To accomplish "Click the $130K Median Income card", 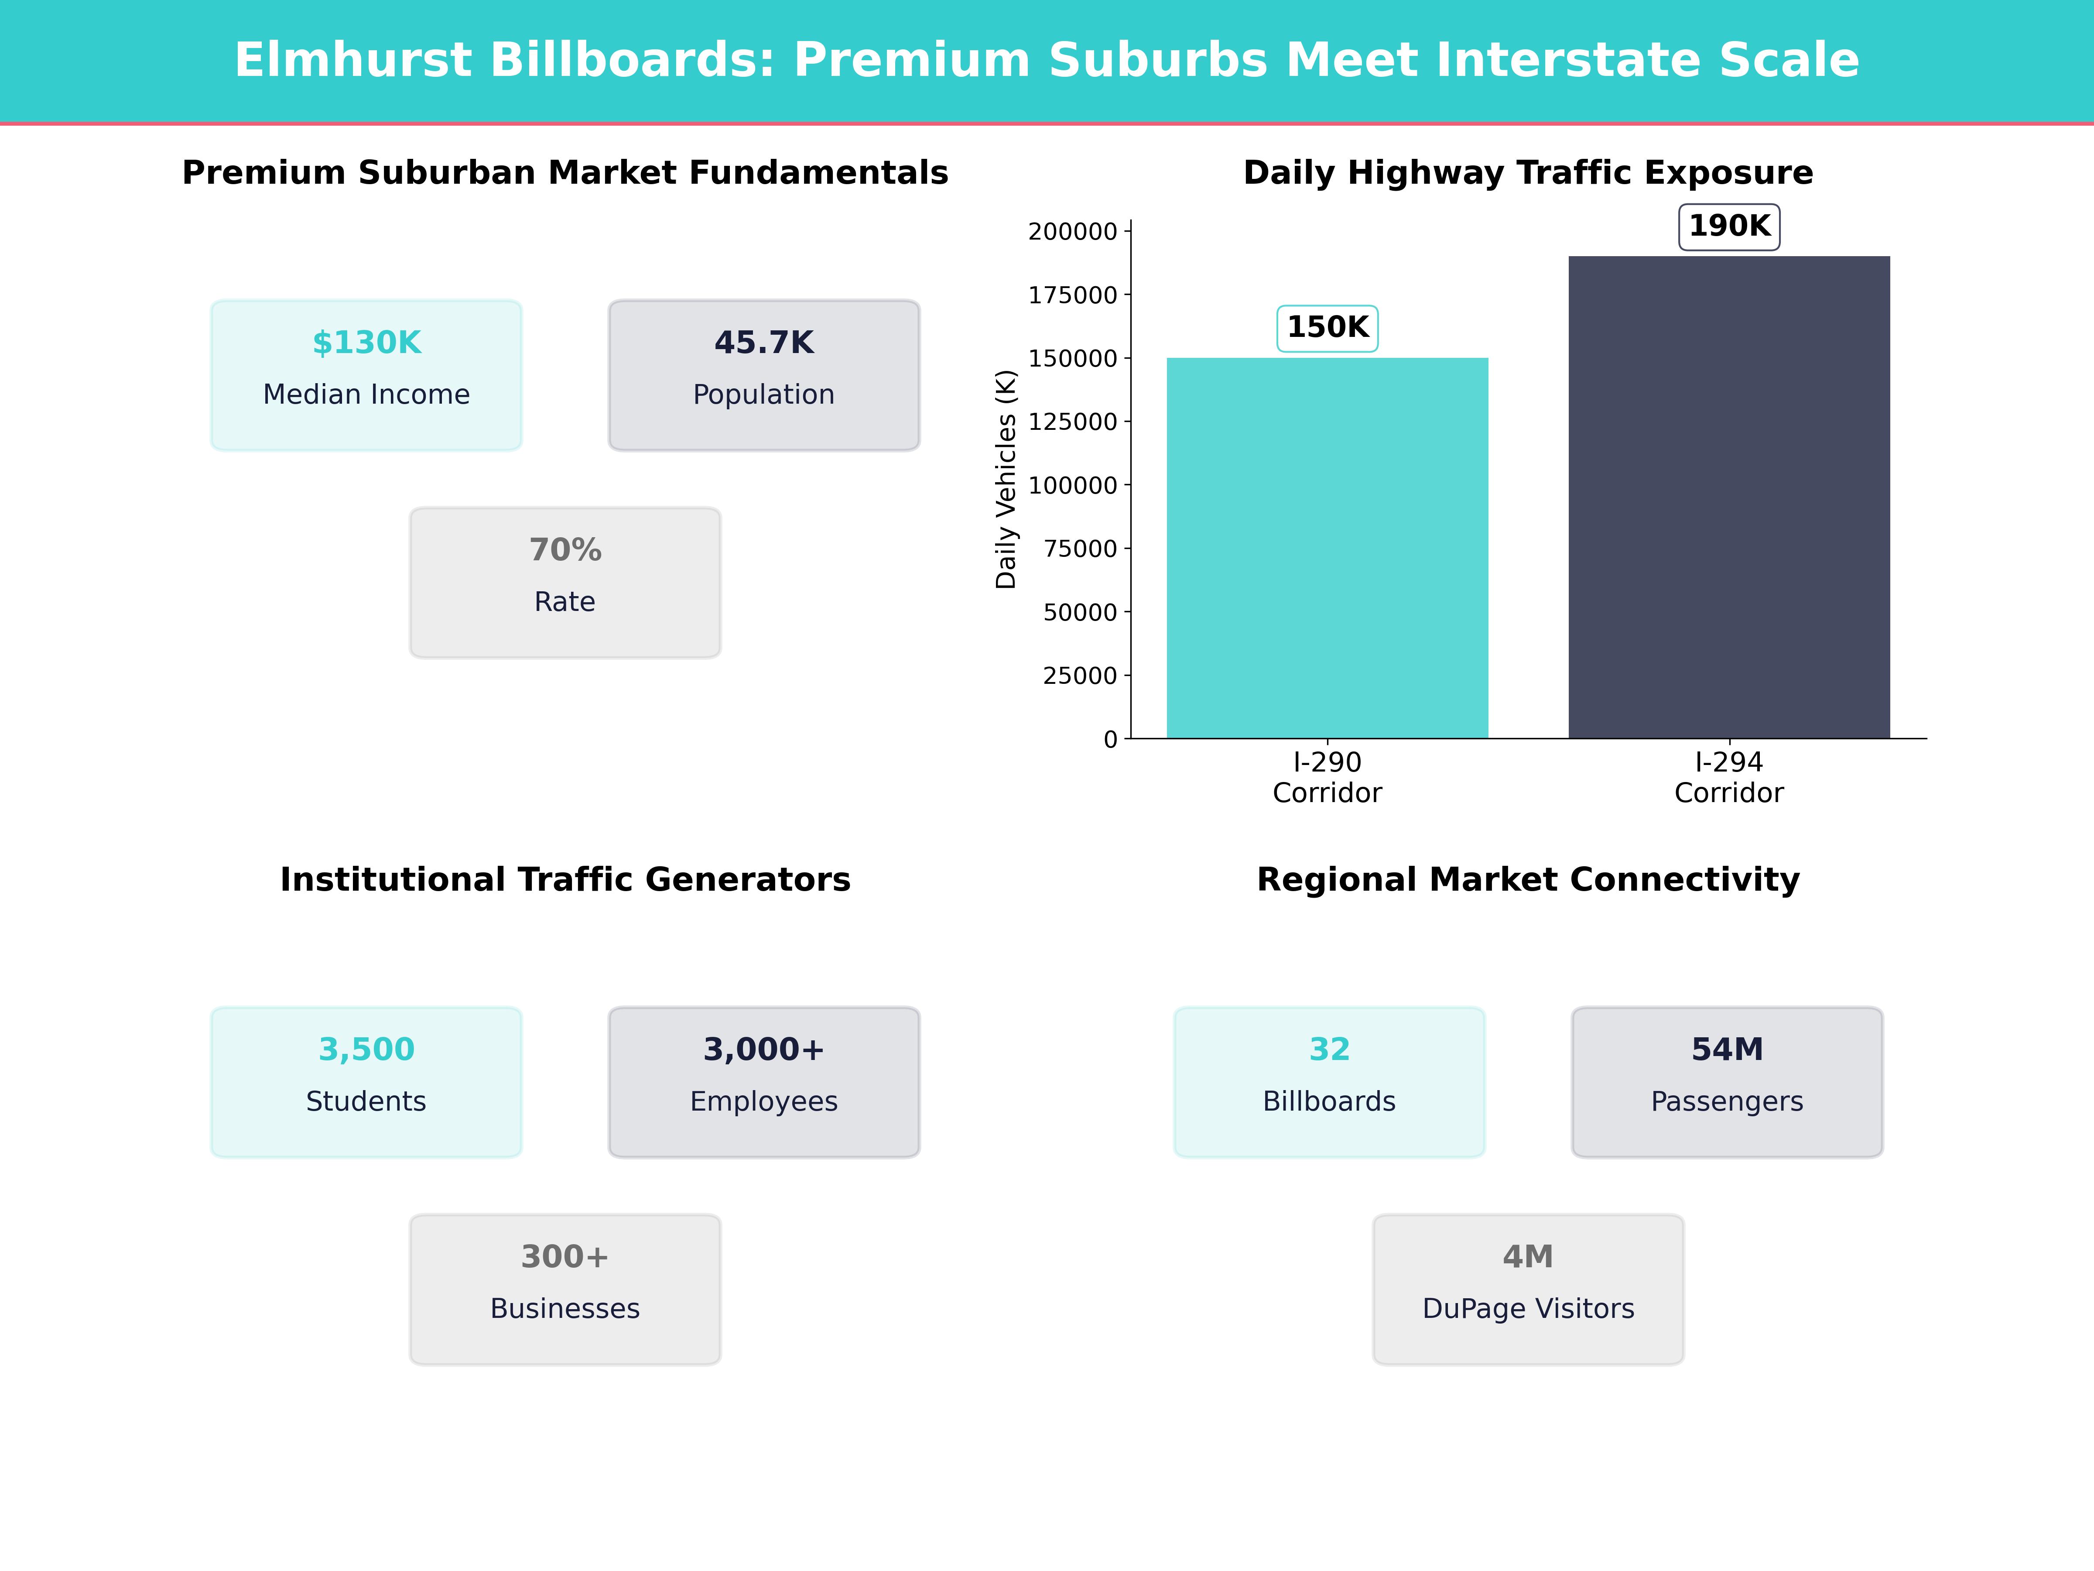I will coord(366,375).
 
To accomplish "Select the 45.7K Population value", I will coord(764,343).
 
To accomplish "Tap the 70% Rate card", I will coord(565,583).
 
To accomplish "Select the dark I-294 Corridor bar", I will coord(1728,497).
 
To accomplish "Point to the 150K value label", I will coord(1327,328).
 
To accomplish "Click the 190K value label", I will coord(1728,226).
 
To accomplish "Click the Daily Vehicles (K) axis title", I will coord(1006,479).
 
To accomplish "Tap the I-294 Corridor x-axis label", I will coord(1728,778).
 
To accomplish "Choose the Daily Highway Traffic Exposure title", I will coord(1528,173).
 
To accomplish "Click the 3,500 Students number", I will coord(366,1049).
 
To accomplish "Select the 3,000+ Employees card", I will coord(764,1081).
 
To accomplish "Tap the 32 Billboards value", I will coord(1329,1049).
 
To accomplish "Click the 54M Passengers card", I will coord(1727,1081).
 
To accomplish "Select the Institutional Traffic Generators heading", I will coord(565,880).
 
